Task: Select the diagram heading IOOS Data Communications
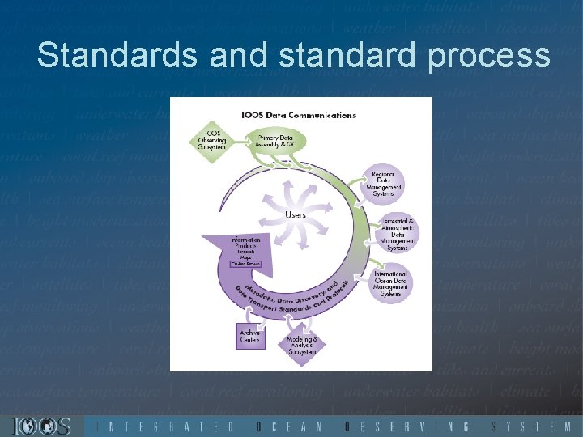tap(298, 115)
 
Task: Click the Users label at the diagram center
tap(296, 215)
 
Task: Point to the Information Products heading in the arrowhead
tap(245, 244)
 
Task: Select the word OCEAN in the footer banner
tap(289, 426)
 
